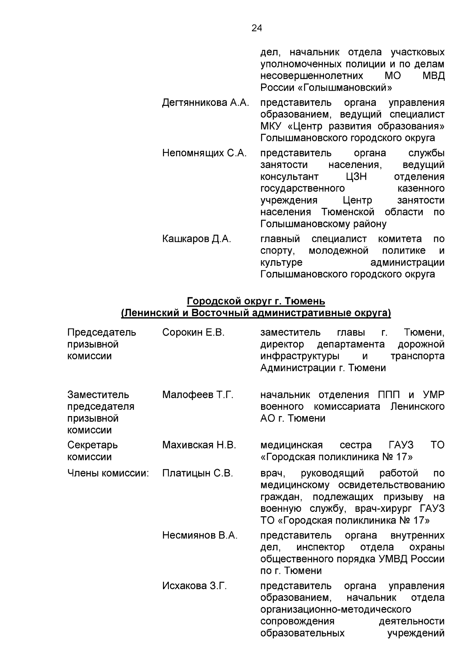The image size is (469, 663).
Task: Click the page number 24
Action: click(x=257, y=28)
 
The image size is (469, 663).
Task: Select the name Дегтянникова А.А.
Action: click(x=206, y=103)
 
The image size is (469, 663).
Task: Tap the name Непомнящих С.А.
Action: click(x=204, y=153)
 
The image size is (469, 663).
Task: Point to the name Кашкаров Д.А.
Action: click(x=197, y=239)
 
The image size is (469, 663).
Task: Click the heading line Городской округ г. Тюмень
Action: click(x=256, y=301)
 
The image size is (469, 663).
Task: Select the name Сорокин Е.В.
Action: click(x=193, y=332)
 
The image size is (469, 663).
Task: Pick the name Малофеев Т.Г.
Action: click(x=198, y=395)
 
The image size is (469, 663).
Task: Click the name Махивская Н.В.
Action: click(x=199, y=445)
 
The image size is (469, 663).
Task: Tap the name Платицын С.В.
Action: click(x=198, y=473)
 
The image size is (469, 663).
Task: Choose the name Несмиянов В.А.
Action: click(x=200, y=535)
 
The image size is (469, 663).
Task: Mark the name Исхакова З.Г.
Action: click(x=194, y=586)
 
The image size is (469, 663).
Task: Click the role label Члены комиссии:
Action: click(x=108, y=473)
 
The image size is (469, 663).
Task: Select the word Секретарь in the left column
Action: click(x=92, y=445)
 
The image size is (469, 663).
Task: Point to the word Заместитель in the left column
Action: click(x=98, y=395)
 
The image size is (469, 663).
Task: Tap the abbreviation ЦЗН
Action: click(x=356, y=177)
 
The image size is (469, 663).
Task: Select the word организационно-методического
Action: click(x=336, y=609)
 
